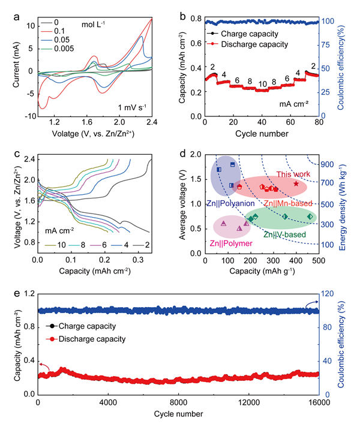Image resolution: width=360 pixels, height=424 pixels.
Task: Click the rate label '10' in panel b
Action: [x=262, y=84]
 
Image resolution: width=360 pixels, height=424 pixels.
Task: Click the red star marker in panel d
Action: [x=296, y=184]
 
